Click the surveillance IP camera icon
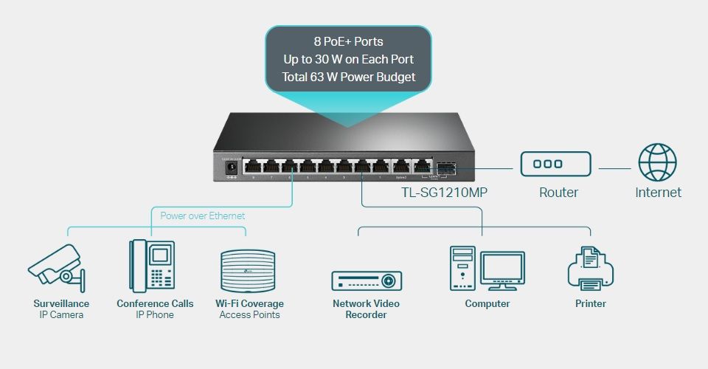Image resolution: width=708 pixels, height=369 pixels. point(56,267)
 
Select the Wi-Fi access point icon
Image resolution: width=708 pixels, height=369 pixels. point(249,270)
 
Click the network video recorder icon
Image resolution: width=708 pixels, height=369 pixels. point(367,280)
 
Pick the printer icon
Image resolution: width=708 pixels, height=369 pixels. point(591,269)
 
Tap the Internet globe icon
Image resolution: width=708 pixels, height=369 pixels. point(657,162)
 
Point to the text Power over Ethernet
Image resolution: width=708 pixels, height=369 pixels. point(203,216)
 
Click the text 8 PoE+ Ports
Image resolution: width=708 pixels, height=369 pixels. point(348,41)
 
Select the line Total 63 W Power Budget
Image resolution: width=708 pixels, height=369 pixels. point(348,77)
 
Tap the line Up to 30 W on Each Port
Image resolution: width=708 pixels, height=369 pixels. point(348,59)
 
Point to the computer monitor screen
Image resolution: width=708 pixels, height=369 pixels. point(502,267)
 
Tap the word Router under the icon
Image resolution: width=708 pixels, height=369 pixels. point(558,193)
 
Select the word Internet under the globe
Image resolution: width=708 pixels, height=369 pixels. point(658,193)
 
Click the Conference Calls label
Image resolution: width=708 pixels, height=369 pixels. point(155,303)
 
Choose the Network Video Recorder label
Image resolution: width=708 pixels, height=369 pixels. point(366,309)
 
